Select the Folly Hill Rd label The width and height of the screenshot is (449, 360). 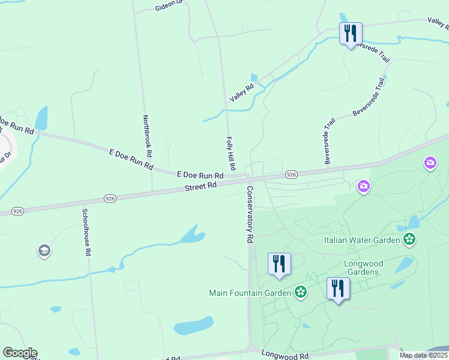(230, 152)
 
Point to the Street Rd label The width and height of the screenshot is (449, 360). (200, 187)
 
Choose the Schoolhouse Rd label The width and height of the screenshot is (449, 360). (86, 232)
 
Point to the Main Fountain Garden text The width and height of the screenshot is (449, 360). (250, 293)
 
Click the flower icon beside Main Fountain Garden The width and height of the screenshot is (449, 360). (301, 293)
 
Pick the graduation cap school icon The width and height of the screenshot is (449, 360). (44, 251)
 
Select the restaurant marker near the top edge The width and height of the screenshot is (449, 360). (351, 33)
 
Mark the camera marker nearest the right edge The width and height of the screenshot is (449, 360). (430, 163)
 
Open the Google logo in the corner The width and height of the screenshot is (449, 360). (20, 353)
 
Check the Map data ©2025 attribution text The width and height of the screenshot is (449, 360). (423, 355)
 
